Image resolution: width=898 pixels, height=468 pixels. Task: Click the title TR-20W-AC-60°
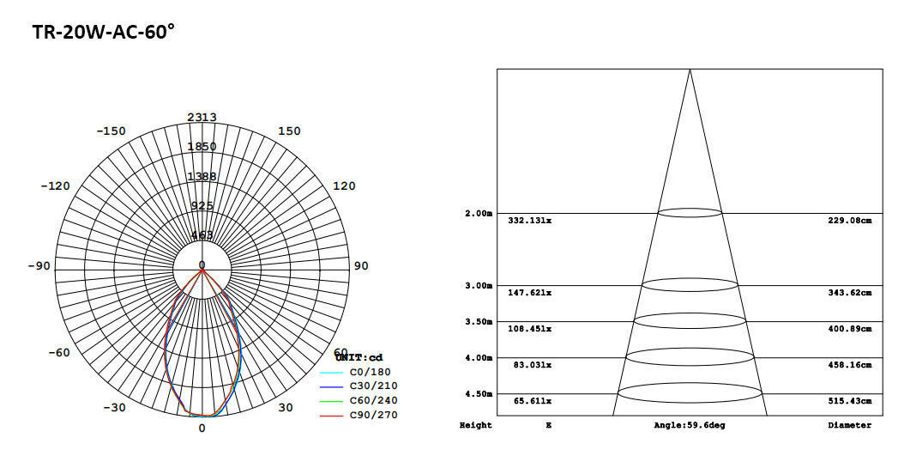point(103,33)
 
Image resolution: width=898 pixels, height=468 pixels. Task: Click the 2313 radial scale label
point(202,117)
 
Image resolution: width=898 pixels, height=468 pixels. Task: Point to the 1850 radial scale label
point(202,147)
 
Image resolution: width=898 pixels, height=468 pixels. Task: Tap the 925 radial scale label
point(202,206)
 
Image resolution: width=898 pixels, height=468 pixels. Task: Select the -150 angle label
point(111,131)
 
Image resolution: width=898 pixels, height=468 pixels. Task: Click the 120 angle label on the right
point(344,186)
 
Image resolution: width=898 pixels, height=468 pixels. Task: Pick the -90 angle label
point(39,266)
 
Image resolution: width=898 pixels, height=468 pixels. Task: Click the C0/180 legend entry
point(370,372)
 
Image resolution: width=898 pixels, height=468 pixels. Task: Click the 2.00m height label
point(479,213)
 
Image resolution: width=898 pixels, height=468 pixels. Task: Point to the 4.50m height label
point(479,394)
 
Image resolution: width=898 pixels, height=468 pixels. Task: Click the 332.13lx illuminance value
point(529,221)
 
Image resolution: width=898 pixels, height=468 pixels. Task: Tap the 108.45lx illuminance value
point(529,329)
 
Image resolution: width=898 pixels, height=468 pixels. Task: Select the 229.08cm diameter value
point(849,221)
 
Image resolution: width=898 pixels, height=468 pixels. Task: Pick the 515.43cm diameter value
point(849,401)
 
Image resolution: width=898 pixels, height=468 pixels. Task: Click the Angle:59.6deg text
point(689,426)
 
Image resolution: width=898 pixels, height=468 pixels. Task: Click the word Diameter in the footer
point(849,426)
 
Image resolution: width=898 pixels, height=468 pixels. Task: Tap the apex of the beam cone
point(690,70)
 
